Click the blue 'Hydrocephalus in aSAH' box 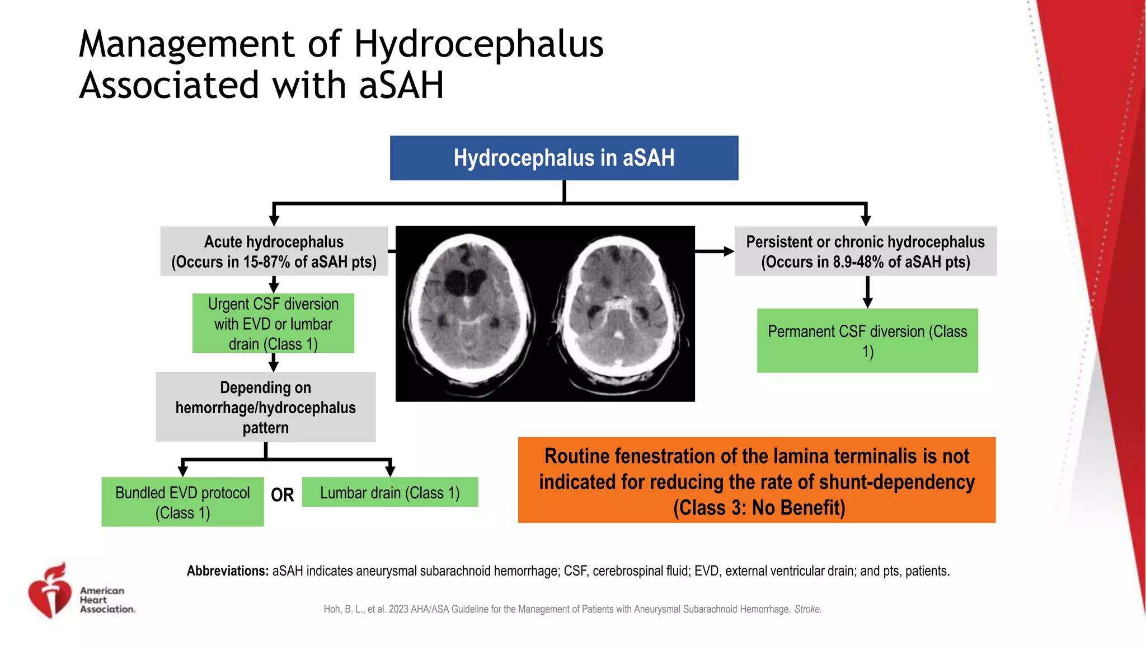pyautogui.click(x=563, y=158)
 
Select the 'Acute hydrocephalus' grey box pyautogui.click(x=274, y=251)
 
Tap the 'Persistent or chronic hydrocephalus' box pyautogui.click(x=865, y=251)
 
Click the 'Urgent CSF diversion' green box pyautogui.click(x=273, y=324)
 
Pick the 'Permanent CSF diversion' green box pyautogui.click(x=867, y=340)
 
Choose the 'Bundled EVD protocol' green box pyautogui.click(x=182, y=502)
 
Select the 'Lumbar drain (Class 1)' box pyautogui.click(x=389, y=492)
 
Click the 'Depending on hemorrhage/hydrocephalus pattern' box pyautogui.click(x=265, y=407)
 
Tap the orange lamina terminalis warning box pyautogui.click(x=757, y=480)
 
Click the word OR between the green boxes pyautogui.click(x=282, y=495)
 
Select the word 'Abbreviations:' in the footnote pyautogui.click(x=228, y=571)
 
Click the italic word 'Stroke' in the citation pyautogui.click(x=807, y=609)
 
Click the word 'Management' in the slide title pyautogui.click(x=186, y=44)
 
